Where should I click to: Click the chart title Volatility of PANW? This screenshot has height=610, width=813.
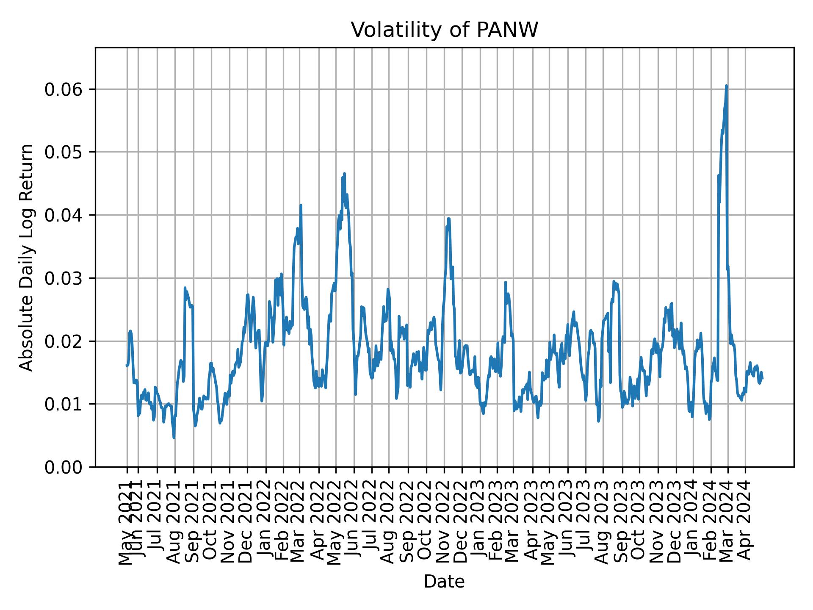[444, 30]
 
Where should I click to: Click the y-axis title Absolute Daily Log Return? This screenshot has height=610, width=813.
[27, 257]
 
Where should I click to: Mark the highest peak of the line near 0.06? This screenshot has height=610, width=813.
[726, 86]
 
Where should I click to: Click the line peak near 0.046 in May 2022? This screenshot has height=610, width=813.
[344, 174]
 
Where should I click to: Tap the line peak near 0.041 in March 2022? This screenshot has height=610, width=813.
[301, 205]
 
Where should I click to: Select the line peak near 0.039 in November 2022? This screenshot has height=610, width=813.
[449, 219]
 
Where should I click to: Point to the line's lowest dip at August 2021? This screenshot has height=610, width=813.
[174, 438]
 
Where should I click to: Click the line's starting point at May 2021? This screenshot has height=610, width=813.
[127, 365]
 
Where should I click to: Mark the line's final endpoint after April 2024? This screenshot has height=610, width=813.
[762, 379]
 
